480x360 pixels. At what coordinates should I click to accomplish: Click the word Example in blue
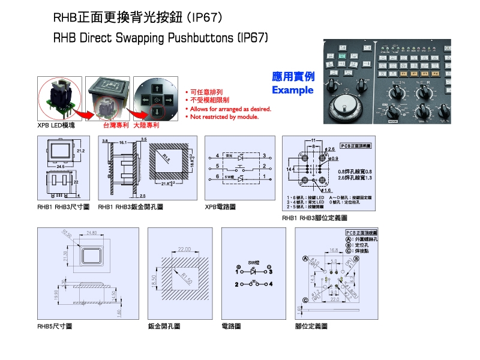click(x=292, y=90)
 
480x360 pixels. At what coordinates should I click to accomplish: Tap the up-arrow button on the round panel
click(x=156, y=86)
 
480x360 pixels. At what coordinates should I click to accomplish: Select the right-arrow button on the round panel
click(x=169, y=98)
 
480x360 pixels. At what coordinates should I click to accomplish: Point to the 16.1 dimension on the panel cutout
click(x=122, y=143)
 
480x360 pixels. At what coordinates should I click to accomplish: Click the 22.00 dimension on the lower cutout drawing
click(x=184, y=248)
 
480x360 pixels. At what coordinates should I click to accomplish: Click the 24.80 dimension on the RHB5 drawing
click(x=92, y=232)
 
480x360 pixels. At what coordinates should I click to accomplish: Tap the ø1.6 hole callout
click(x=328, y=190)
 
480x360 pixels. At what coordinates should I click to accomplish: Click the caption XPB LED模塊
click(x=56, y=126)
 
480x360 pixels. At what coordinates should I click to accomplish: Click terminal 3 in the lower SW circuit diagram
click(x=271, y=271)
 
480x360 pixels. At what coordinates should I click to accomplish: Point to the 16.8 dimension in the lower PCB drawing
click(x=334, y=251)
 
